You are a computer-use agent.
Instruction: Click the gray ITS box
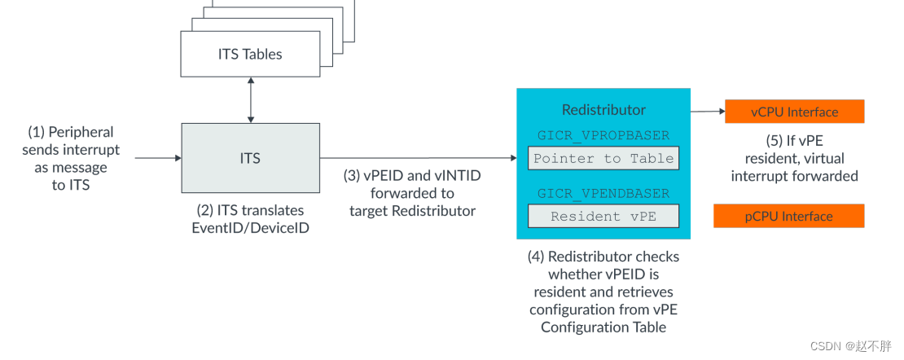pyautogui.click(x=250, y=158)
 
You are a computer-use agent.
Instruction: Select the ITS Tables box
pyautogui.click(x=250, y=55)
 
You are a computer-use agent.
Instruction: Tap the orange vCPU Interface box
pyautogui.click(x=794, y=112)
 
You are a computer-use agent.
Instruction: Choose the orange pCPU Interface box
pyautogui.click(x=788, y=216)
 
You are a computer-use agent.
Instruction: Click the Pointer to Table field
pyautogui.click(x=603, y=159)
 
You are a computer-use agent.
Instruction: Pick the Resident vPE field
pyautogui.click(x=603, y=217)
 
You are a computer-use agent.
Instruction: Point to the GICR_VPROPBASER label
pyautogui.click(x=603, y=135)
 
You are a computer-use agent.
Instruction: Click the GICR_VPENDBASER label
pyautogui.click(x=603, y=194)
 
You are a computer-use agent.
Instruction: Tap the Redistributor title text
pyautogui.click(x=603, y=110)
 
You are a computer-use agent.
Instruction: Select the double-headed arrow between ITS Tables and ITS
pyautogui.click(x=250, y=101)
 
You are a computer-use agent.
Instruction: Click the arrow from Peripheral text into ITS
pyautogui.click(x=157, y=158)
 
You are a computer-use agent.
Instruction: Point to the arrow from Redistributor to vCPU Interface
pyautogui.click(x=707, y=111)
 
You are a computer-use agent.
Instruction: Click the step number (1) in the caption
pyautogui.click(x=37, y=132)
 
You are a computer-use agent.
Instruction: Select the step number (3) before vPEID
pyautogui.click(x=352, y=176)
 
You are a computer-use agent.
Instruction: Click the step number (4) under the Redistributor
pyautogui.click(x=536, y=257)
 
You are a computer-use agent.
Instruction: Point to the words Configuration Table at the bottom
pyautogui.click(x=603, y=327)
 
